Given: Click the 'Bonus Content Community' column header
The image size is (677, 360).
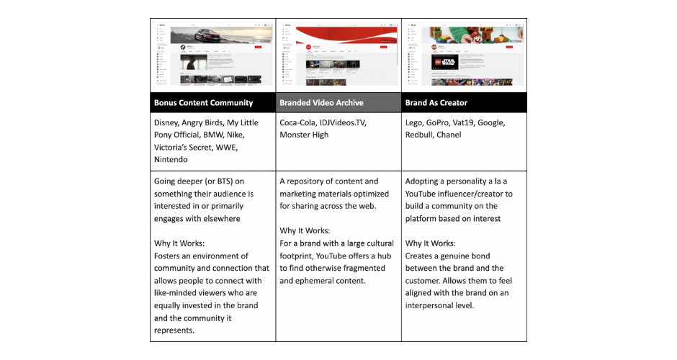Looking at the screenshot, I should click(203, 103).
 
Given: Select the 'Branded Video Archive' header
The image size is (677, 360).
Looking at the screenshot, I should click(322, 103).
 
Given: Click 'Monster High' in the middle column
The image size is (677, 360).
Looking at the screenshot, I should click(304, 135).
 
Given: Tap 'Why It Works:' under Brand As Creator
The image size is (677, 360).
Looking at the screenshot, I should click(431, 243).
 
